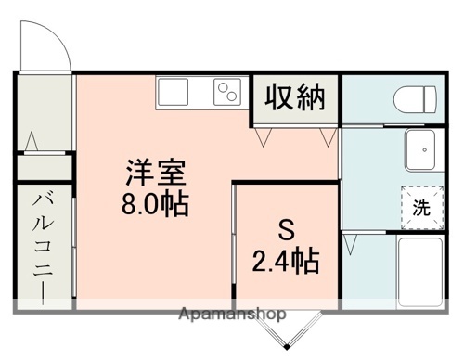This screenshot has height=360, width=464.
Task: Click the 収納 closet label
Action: [x=297, y=97]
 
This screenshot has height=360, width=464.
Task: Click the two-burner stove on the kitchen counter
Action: [x=226, y=93]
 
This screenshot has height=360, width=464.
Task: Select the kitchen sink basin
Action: [x=174, y=93]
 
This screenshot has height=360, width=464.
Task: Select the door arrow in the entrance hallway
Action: [x=32, y=143]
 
